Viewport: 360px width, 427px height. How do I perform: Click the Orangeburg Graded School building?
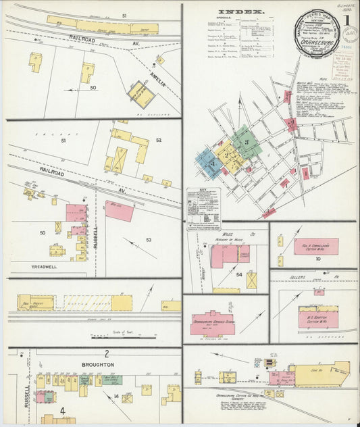211,324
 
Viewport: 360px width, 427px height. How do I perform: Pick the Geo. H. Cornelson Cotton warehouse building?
316,247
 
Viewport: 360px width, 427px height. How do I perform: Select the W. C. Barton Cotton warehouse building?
318,317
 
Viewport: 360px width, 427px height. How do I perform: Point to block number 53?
149,239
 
